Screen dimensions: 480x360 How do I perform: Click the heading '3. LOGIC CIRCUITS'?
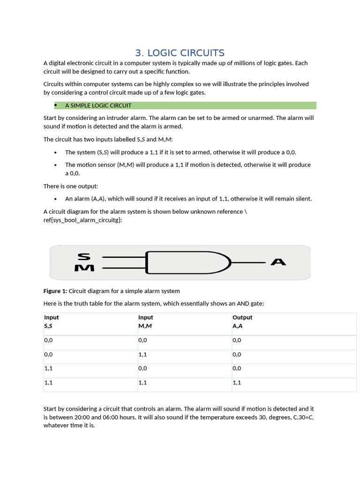pyautogui.click(x=180, y=53)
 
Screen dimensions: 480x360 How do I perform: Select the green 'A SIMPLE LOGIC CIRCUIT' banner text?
pyautogui.click(x=98, y=105)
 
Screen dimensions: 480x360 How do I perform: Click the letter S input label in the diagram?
pyautogui.click(x=84, y=256)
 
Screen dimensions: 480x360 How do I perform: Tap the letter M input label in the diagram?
pyautogui.click(x=84, y=268)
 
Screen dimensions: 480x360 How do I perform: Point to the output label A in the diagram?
pyautogui.click(x=278, y=262)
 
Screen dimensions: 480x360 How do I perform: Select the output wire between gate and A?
pyautogui.click(x=248, y=262)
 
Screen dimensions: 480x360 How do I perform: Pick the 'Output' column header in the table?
pyautogui.click(x=242, y=317)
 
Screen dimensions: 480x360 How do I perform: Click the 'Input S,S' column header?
pyautogui.click(x=51, y=322)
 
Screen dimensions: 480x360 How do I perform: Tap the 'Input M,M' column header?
pyautogui.click(x=146, y=322)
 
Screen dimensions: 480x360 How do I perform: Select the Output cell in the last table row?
pyautogui.click(x=237, y=382)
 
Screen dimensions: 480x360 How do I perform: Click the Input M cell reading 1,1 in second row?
pyautogui.click(x=142, y=355)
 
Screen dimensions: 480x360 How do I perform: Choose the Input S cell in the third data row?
pyautogui.click(x=48, y=369)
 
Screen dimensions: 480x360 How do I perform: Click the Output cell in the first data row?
pyautogui.click(x=237, y=340)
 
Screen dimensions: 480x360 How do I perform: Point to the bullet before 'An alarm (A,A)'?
pyautogui.click(x=55, y=199)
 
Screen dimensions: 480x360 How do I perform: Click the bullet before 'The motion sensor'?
pyautogui.click(x=55, y=165)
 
